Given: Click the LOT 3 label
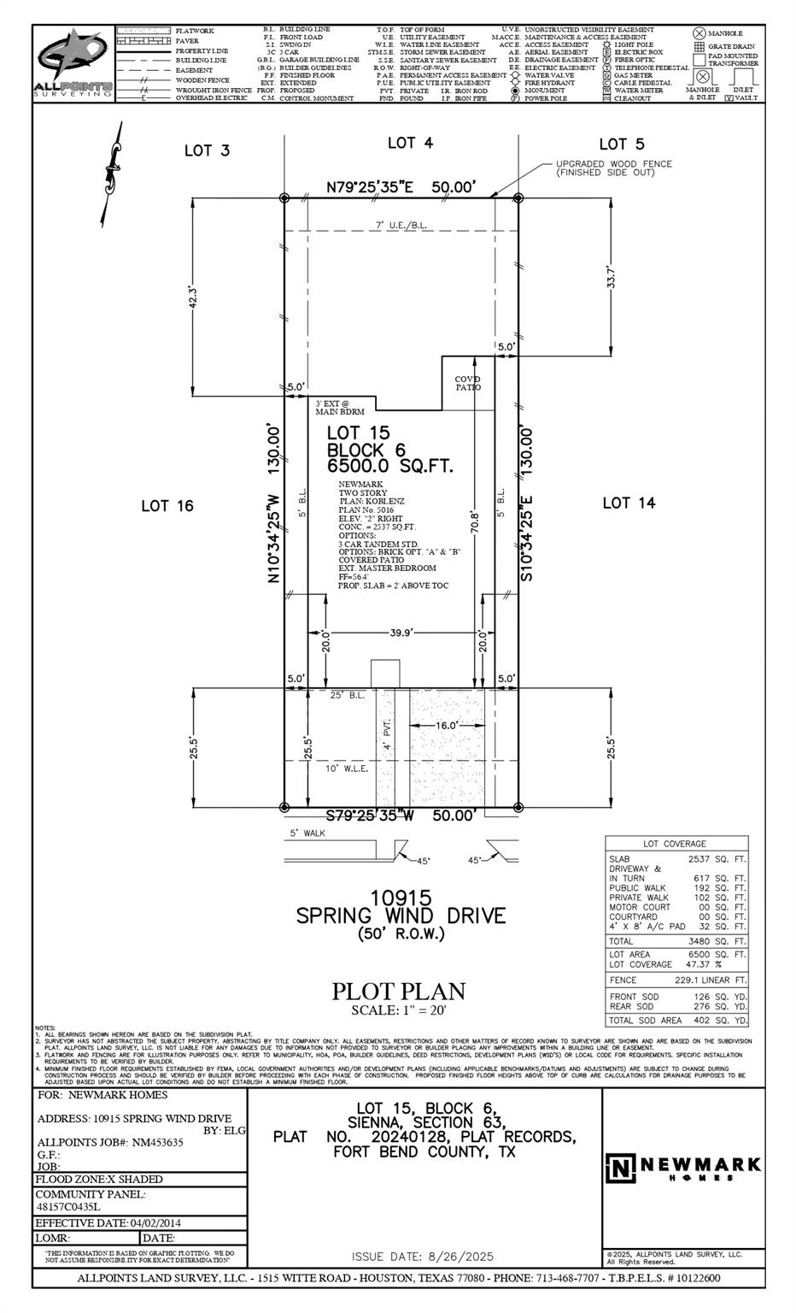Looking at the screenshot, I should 207,150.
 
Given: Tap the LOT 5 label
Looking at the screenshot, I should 621,144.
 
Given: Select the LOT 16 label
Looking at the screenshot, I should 167,506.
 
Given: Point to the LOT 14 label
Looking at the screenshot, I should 629,503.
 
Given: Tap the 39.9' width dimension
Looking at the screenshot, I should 401,633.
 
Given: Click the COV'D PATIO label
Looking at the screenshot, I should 467,383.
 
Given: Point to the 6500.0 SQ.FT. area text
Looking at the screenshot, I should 389,467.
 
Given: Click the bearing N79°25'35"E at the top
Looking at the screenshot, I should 371,186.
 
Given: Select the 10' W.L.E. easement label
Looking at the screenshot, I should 347,768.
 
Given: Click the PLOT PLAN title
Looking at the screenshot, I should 398,992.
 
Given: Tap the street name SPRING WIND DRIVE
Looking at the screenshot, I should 400,916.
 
